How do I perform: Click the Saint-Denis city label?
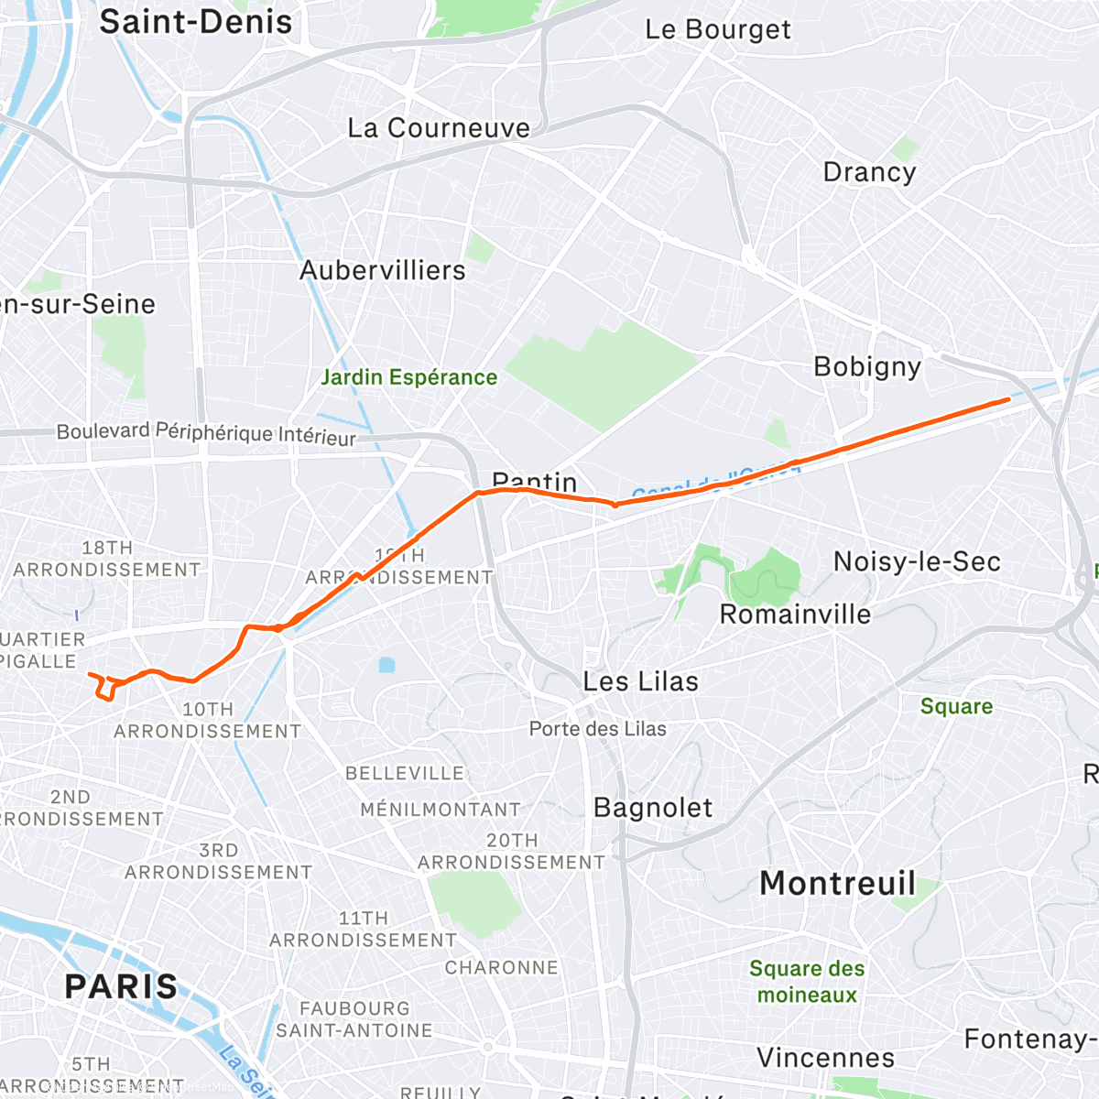[195, 22]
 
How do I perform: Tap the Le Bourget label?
[717, 29]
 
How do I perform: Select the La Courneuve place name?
[439, 128]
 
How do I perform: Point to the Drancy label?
[869, 172]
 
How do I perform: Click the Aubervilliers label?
[383, 271]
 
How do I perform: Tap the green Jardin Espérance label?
[408, 377]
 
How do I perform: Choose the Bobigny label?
[867, 367]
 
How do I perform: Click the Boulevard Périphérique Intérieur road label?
[206, 433]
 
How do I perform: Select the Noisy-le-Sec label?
[917, 561]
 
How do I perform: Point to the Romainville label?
[795, 615]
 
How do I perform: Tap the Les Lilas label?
[640, 681]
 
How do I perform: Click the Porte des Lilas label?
[598, 729]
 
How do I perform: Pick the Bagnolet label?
[652, 808]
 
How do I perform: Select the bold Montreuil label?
[837, 884]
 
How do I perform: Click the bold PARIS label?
[122, 987]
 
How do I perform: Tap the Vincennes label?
[825, 1058]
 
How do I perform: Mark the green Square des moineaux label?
[806, 982]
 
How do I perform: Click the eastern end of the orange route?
[1008, 399]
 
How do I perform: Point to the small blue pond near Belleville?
[386, 664]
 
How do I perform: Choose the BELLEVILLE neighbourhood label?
[404, 774]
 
